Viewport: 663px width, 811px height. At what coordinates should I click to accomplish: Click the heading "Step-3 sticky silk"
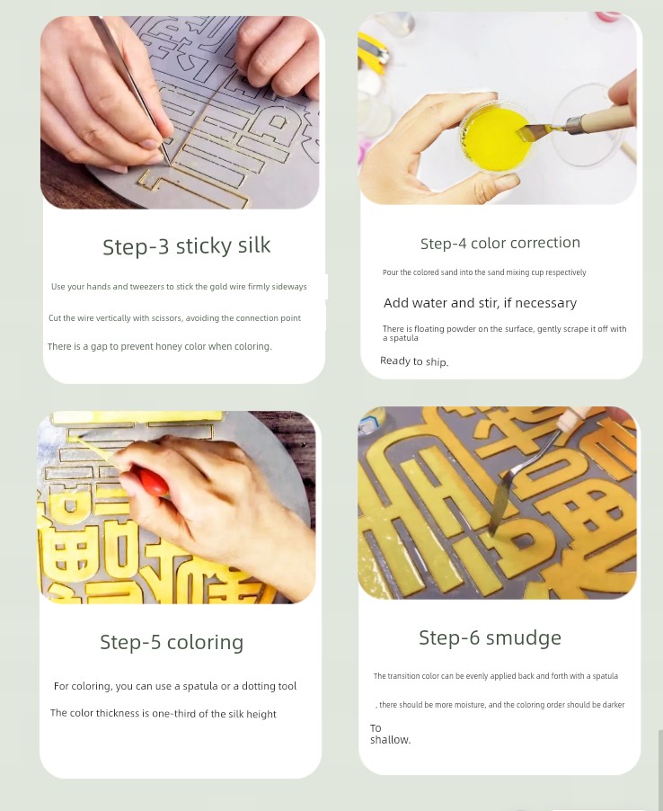point(187,246)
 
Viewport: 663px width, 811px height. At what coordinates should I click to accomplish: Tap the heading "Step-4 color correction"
point(500,243)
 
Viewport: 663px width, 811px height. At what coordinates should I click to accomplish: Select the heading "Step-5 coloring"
point(172,642)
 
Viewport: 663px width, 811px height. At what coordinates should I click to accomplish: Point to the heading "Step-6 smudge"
point(490,637)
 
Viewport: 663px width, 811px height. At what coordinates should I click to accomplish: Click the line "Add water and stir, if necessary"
point(480,303)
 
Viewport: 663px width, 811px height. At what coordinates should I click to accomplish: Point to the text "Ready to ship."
point(414,361)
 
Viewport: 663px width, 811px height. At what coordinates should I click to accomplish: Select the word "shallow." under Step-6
point(390,740)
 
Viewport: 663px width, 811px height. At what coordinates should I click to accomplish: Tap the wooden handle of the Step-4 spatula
point(602,120)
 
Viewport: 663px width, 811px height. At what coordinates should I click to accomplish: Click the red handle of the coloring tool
point(152,481)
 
